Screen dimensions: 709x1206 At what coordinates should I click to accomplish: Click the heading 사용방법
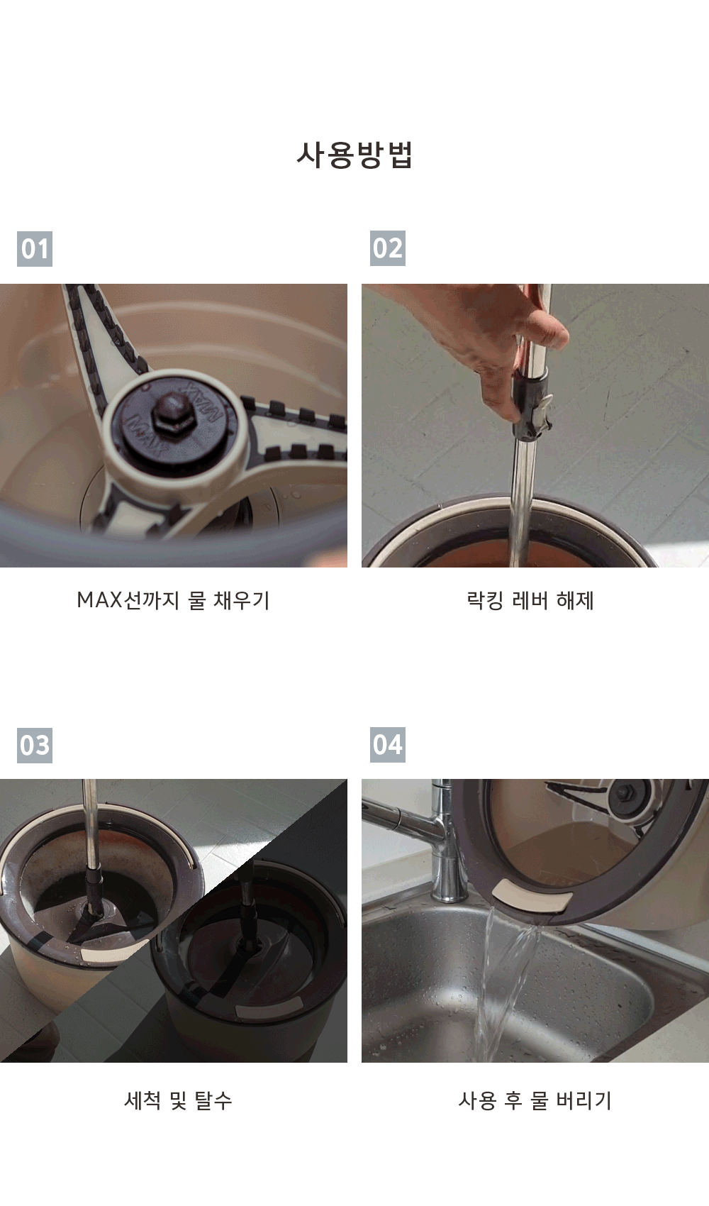coord(354,155)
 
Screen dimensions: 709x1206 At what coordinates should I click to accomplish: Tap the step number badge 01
coord(35,249)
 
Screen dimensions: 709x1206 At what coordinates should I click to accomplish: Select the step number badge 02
coord(387,248)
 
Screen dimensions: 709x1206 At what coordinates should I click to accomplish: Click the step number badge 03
coord(35,745)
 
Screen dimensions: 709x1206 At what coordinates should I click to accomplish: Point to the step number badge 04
coord(387,745)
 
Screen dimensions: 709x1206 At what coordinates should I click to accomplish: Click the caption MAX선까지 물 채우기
coord(173,599)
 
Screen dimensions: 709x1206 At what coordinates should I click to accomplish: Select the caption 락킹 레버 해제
coord(530,599)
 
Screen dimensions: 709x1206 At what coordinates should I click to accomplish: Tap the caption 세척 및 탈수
coord(178,1100)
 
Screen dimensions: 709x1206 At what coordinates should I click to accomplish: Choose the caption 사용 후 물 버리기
coord(535,1100)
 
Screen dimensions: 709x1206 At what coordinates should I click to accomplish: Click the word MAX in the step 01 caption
coord(100,600)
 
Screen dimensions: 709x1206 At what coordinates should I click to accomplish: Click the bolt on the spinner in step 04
coord(625,792)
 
